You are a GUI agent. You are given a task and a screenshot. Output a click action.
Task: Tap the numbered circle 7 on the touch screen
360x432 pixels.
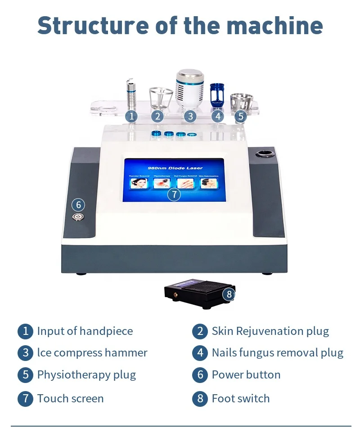click(174, 195)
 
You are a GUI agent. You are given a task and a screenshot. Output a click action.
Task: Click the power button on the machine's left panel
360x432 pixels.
click(78, 216)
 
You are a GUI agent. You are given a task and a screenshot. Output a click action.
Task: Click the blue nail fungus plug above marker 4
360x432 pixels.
click(217, 94)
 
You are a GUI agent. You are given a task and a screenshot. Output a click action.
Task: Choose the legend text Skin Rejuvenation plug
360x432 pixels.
click(270, 332)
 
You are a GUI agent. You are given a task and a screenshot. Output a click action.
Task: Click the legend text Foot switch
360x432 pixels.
click(241, 399)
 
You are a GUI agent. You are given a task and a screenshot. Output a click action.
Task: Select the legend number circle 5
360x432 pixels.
click(25, 375)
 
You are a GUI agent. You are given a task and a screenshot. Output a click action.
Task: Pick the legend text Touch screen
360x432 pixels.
click(70, 399)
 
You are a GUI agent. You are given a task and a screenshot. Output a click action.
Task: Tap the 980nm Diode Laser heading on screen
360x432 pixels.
click(174, 168)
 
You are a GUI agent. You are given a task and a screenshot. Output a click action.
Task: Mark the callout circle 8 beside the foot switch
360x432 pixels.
click(229, 294)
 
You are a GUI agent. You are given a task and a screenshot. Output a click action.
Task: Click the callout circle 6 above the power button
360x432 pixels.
click(78, 205)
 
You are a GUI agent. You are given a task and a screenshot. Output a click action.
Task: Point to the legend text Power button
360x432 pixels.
click(246, 375)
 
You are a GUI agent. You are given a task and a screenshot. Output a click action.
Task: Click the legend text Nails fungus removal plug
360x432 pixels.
click(277, 353)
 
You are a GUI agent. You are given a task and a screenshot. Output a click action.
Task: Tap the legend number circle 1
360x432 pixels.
click(25, 332)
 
